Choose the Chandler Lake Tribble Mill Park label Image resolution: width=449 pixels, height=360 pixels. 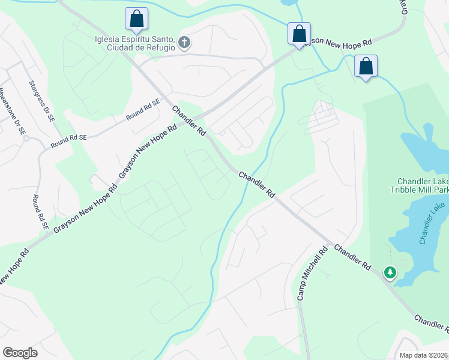click(x=423, y=186)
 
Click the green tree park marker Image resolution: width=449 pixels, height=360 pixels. click(x=390, y=273)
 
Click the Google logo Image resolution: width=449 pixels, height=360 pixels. click(x=20, y=353)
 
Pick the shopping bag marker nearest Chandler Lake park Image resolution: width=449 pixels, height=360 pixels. click(x=365, y=66)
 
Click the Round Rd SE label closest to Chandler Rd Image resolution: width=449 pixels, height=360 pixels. click(x=143, y=109)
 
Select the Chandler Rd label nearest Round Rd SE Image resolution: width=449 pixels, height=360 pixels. click(x=189, y=121)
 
